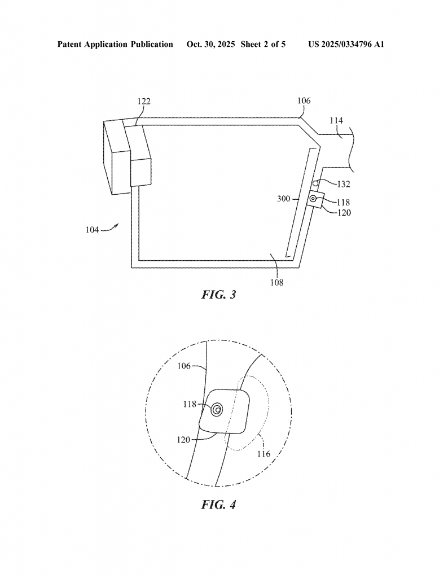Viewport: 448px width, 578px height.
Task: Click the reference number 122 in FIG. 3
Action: pyautogui.click(x=144, y=102)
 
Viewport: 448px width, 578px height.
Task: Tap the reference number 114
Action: pyautogui.click(x=336, y=121)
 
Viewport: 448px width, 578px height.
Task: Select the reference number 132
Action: pyautogui.click(x=344, y=184)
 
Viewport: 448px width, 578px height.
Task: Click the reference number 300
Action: pyautogui.click(x=284, y=199)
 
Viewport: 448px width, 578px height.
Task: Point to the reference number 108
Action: pyautogui.click(x=276, y=282)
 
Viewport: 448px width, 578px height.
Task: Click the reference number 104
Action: pyautogui.click(x=93, y=230)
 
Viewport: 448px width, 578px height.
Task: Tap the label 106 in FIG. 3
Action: pyautogui.click(x=304, y=100)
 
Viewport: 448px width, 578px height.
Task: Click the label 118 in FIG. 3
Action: pyautogui.click(x=344, y=203)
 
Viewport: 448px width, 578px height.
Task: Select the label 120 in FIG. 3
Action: pyautogui.click(x=344, y=213)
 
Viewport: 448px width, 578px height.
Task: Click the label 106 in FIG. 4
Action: pyautogui.click(x=184, y=366)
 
